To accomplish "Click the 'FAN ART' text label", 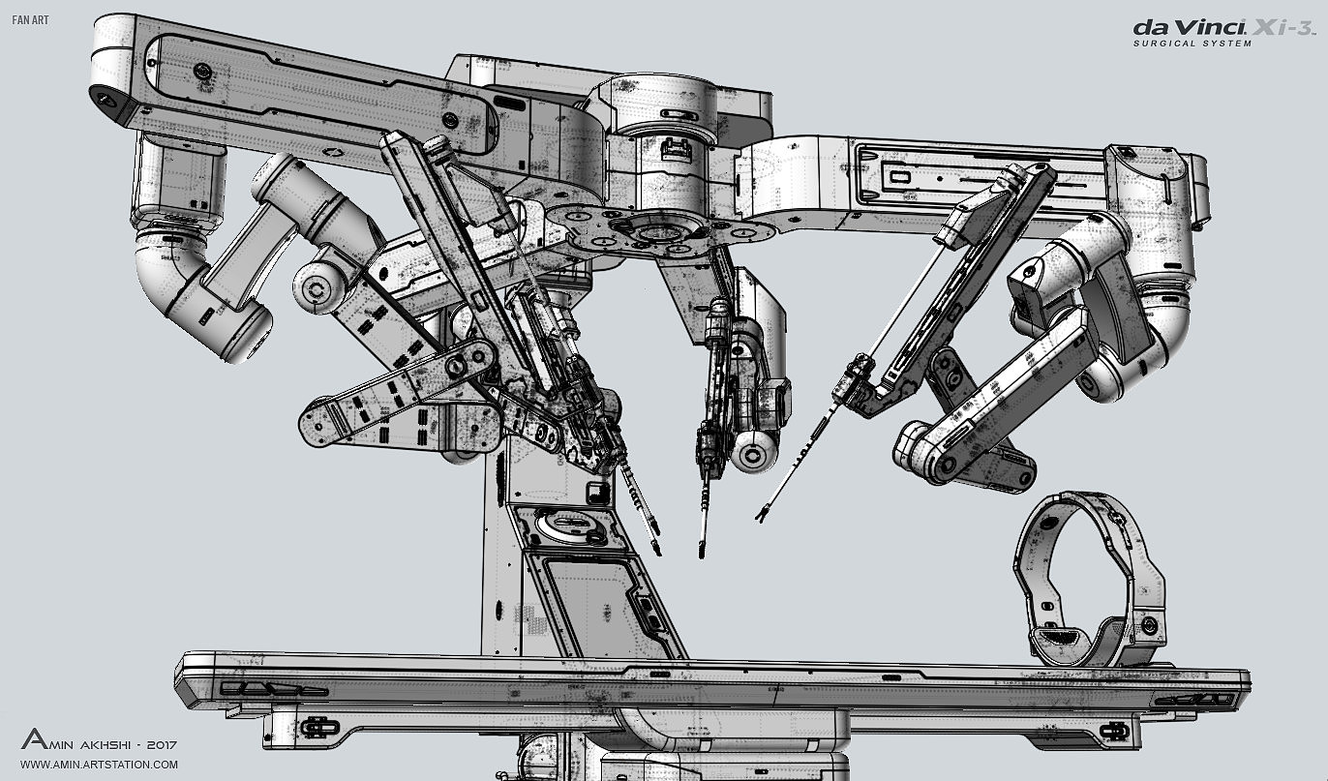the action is [x=30, y=20].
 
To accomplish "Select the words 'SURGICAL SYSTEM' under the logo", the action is [x=1192, y=44].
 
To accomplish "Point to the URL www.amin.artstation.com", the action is [x=99, y=765].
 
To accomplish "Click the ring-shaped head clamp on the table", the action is [x=1090, y=579].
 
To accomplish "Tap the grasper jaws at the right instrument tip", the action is [x=761, y=514].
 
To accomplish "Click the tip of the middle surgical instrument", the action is [x=702, y=553].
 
